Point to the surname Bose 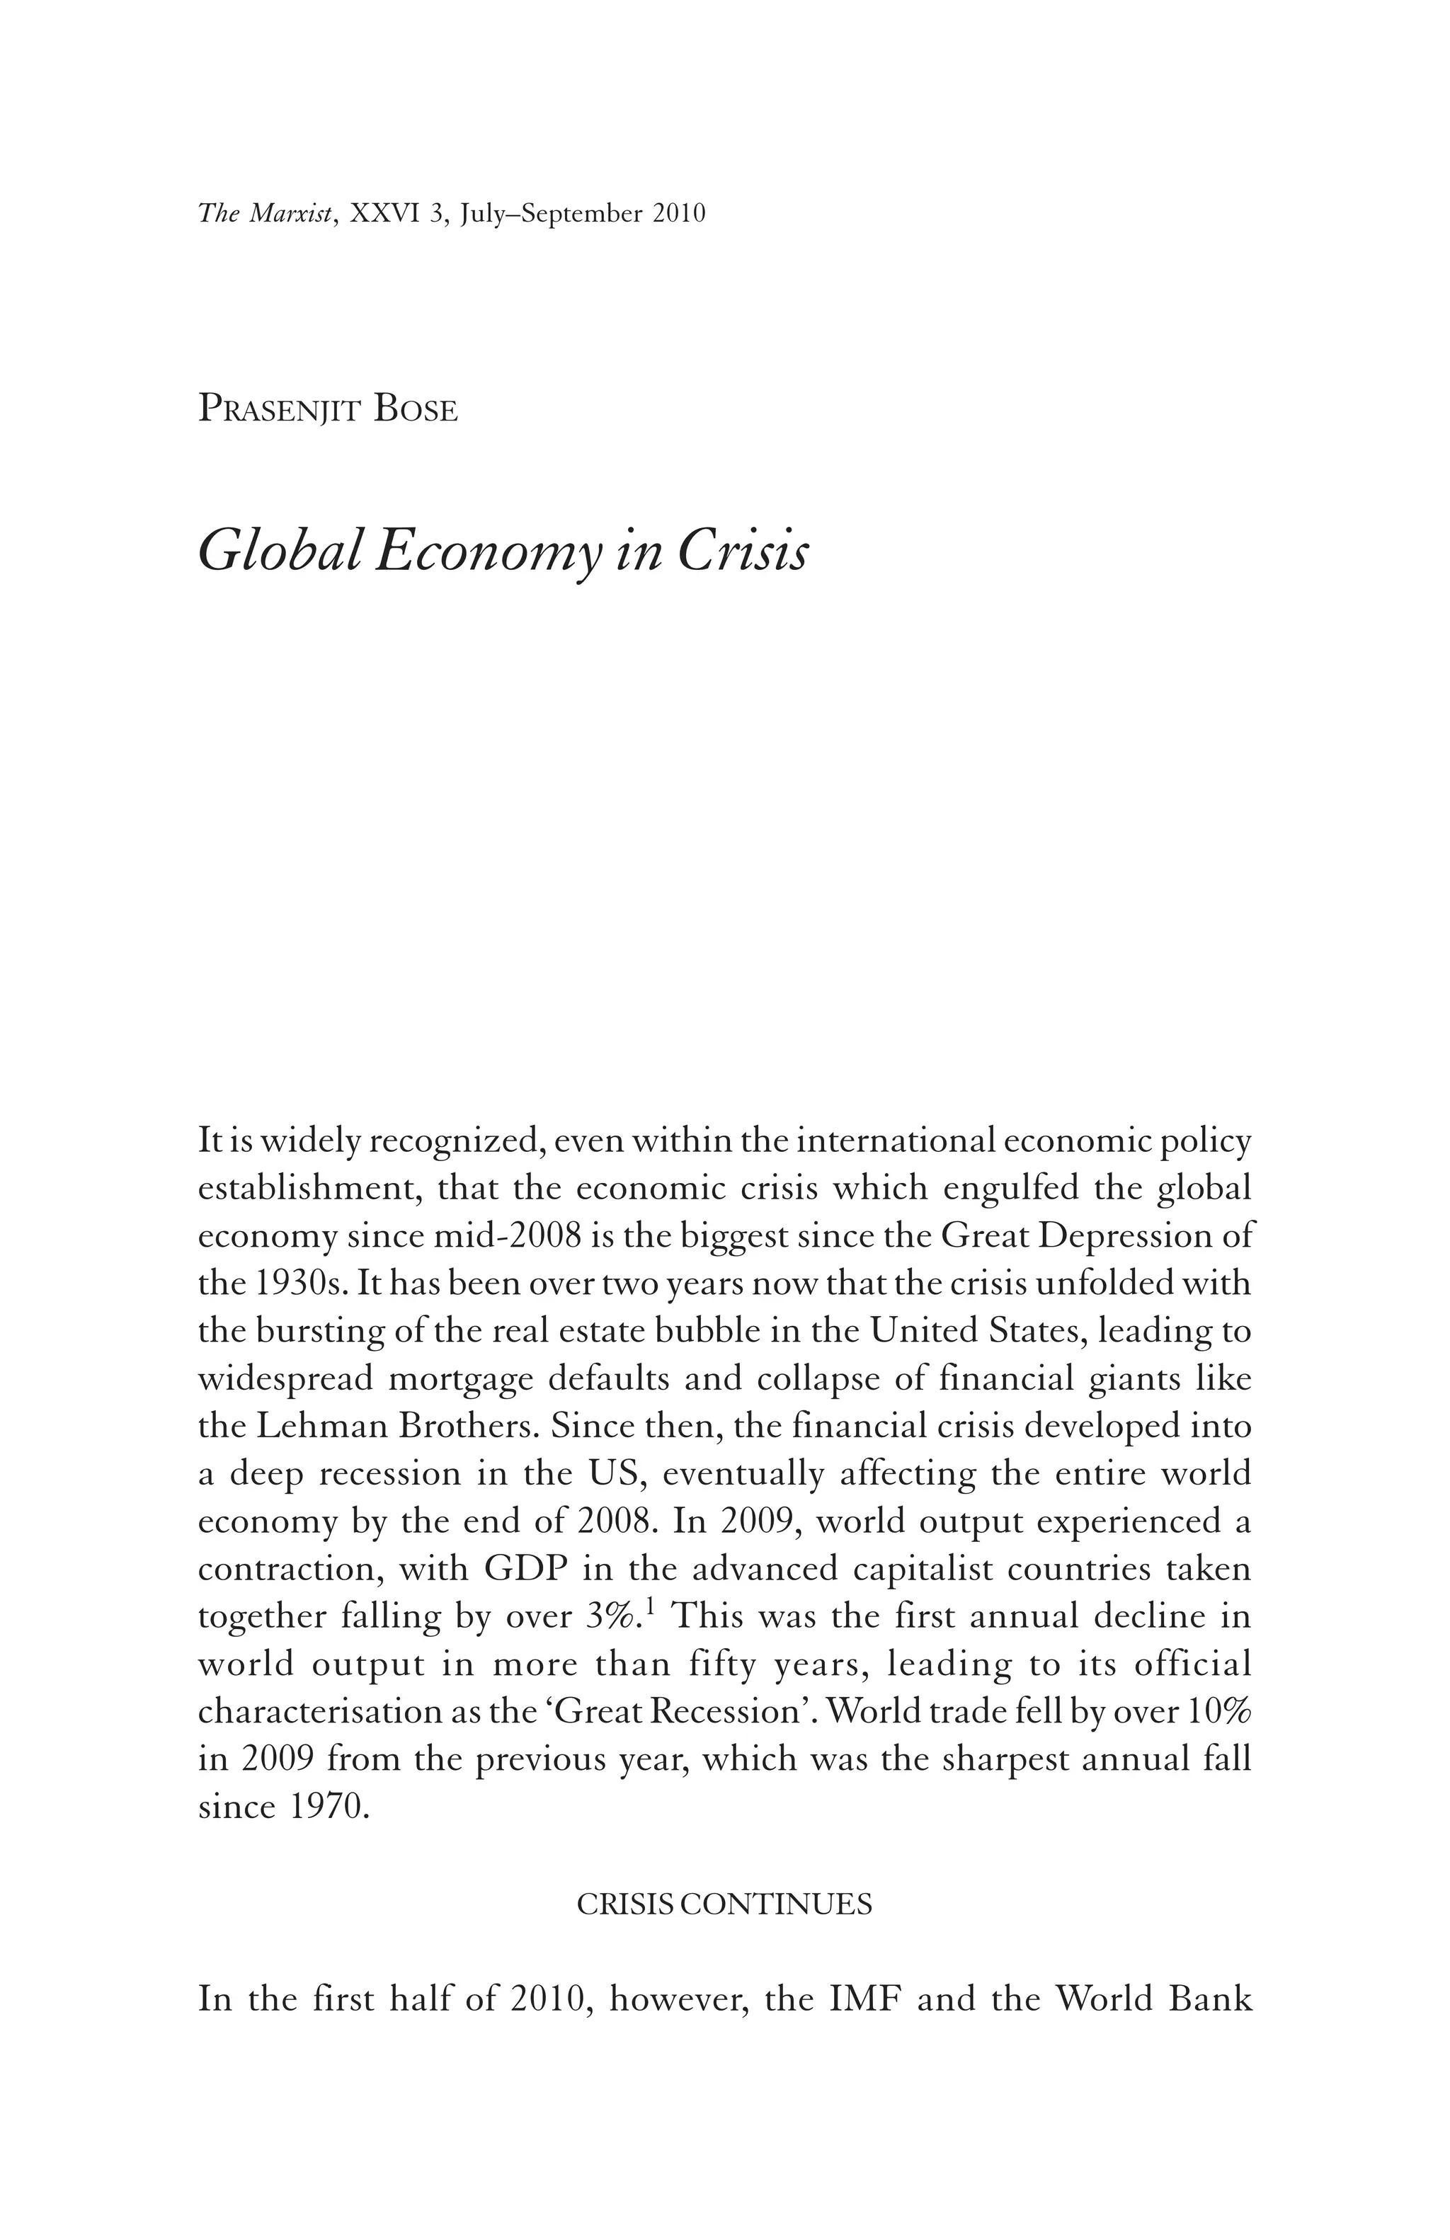pyautogui.click(x=415, y=411)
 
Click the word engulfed pyautogui.click(x=1010, y=1189)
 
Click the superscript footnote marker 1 pyautogui.click(x=649, y=1608)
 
